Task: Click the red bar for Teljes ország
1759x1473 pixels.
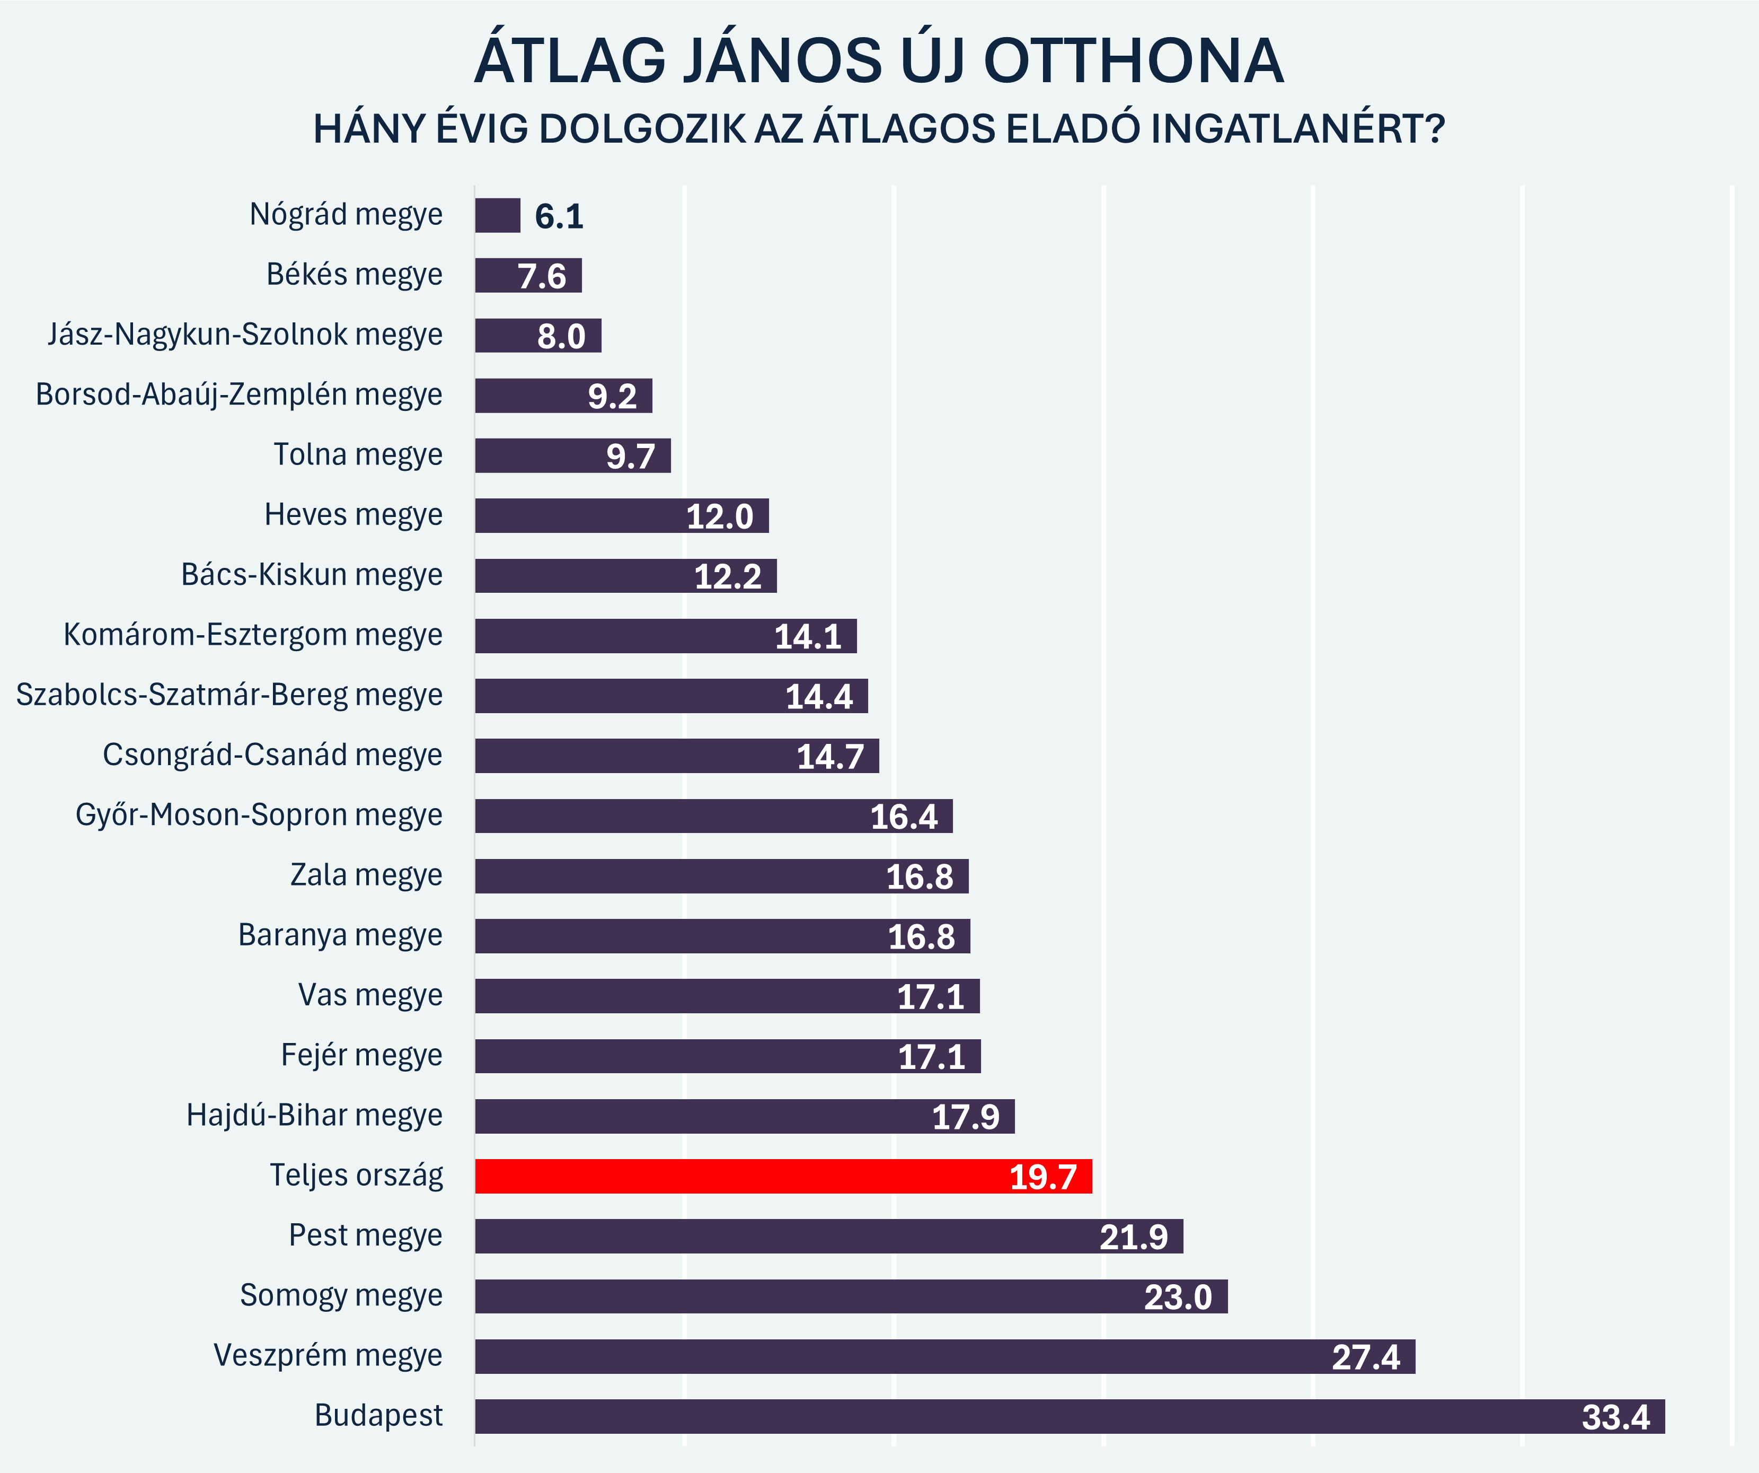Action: pyautogui.click(x=783, y=1177)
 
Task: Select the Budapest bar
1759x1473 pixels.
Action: pyautogui.click(x=1069, y=1416)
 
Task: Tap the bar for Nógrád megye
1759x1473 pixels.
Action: pyautogui.click(x=498, y=215)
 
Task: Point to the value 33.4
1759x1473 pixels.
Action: pyautogui.click(x=1615, y=1418)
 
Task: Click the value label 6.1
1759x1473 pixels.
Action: pyautogui.click(x=559, y=217)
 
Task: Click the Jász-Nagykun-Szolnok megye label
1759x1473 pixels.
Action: pyautogui.click(x=244, y=335)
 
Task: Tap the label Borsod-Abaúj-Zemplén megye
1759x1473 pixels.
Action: pyautogui.click(x=238, y=394)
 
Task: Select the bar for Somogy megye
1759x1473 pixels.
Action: pyautogui.click(x=851, y=1296)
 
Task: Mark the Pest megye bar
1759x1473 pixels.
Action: pyautogui.click(x=829, y=1236)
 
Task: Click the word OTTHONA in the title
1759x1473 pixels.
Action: pyautogui.click(x=1133, y=61)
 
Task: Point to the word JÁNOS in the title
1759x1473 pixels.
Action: pyautogui.click(x=783, y=61)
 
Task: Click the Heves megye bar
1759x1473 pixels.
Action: pyautogui.click(x=622, y=515)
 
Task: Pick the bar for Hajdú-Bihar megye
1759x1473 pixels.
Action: pyautogui.click(x=745, y=1116)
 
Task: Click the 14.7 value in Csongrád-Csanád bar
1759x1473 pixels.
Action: pyautogui.click(x=829, y=757)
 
